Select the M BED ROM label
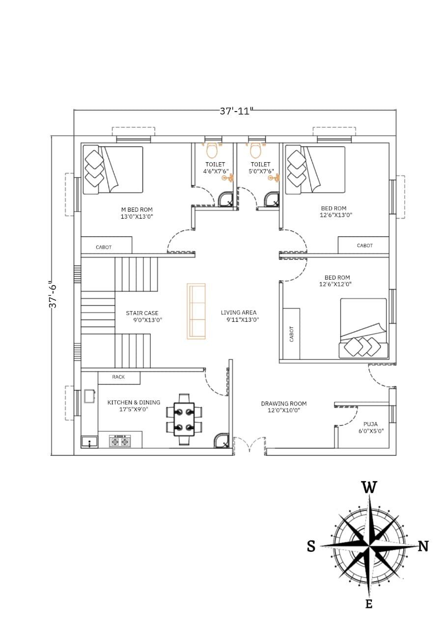tap(137, 209)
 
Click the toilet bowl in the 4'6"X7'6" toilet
tap(212, 150)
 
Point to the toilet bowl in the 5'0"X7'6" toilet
tap(255, 150)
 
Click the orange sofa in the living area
tap(196, 311)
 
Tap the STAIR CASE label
tap(142, 313)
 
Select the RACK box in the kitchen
tap(119, 378)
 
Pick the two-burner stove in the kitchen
tap(120, 441)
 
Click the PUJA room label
tap(370, 424)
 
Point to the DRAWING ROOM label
tap(284, 403)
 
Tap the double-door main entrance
tap(250, 445)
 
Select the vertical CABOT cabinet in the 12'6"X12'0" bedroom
tap(291, 334)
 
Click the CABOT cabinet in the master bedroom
tap(107, 245)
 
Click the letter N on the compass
tap(423, 546)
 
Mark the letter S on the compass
tap(311, 546)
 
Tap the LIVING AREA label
tap(239, 312)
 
